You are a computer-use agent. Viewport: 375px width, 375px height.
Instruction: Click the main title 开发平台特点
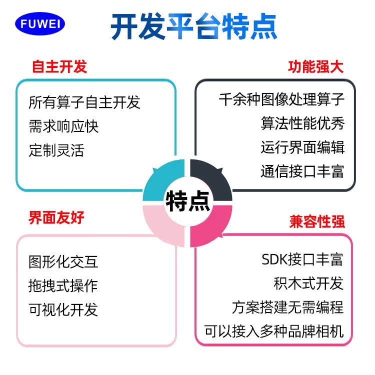pyautogui.click(x=193, y=26)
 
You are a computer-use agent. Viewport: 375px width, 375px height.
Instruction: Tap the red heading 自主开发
pyautogui.click(x=59, y=67)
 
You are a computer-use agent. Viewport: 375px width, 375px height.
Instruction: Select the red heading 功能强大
pyautogui.click(x=316, y=67)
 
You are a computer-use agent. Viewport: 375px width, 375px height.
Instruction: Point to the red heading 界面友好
pyautogui.click(x=56, y=217)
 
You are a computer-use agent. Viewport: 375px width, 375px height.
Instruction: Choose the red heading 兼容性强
pyautogui.click(x=317, y=221)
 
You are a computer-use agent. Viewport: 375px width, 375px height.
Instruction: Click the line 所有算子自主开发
pyautogui.click(x=84, y=102)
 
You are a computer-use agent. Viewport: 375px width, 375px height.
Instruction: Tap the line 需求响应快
pyautogui.click(x=63, y=126)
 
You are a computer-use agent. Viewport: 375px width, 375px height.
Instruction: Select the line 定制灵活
pyautogui.click(x=56, y=150)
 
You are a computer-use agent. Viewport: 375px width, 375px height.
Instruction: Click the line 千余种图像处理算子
pyautogui.click(x=281, y=99)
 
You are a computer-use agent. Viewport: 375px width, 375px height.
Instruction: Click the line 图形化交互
pyautogui.click(x=63, y=261)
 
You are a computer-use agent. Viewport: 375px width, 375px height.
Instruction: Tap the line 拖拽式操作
pyautogui.click(x=63, y=285)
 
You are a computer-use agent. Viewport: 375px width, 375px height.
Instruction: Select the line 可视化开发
pyautogui.click(x=63, y=309)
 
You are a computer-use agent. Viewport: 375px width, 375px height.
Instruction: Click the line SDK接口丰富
pyautogui.click(x=302, y=259)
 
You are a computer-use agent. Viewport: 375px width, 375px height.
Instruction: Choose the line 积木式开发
pyautogui.click(x=308, y=283)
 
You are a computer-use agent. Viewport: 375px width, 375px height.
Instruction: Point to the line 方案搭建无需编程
pyautogui.click(x=287, y=307)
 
